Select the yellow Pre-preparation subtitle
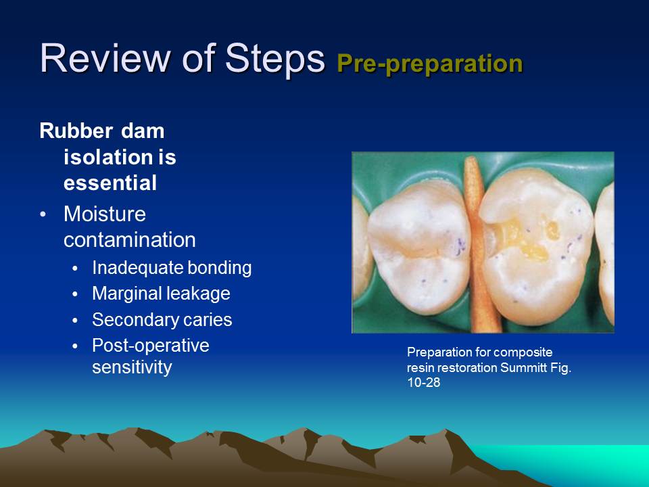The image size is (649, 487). coord(429,63)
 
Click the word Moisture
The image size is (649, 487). coord(105,214)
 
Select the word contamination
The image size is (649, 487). coord(130,239)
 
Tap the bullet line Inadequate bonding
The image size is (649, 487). coord(172,268)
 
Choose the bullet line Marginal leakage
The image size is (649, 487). coord(161,294)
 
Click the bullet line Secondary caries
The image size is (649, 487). coord(162,319)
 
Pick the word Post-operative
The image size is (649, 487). coord(151,345)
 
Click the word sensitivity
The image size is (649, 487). coord(132,369)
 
